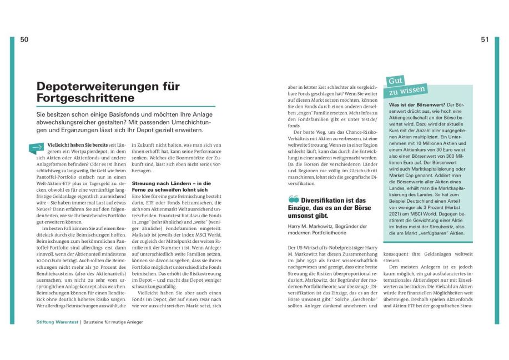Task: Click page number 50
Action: pos(24,39)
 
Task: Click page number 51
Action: pos(485,39)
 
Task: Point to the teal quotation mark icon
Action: pos(293,200)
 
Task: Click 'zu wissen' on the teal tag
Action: pos(408,90)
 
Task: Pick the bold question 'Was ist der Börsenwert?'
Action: pos(417,104)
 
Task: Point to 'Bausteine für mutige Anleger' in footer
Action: pos(113,322)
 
